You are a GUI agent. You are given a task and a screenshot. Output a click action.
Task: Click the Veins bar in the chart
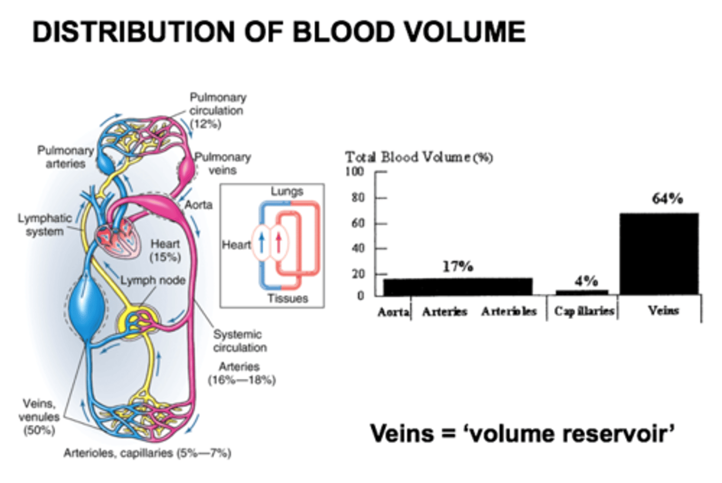659,254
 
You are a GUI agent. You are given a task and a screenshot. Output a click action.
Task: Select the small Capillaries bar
582,292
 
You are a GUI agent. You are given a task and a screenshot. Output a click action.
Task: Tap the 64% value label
667,199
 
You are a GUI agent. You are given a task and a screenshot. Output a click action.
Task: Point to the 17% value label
457,267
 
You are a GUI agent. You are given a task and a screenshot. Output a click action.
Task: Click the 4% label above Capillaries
586,281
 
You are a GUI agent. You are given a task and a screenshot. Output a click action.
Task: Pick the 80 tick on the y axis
358,197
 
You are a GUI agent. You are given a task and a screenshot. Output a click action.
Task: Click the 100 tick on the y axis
354,171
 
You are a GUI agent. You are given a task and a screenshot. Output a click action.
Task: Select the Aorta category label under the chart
393,312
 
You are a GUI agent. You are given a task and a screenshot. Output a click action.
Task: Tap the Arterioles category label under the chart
508,312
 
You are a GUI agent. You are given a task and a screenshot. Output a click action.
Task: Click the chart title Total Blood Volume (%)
419,157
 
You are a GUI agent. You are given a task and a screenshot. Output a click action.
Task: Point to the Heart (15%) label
165,251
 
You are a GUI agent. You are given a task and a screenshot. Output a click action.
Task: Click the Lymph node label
152,280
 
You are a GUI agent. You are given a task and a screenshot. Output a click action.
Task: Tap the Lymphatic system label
45,225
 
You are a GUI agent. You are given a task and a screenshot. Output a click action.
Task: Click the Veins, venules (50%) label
39,417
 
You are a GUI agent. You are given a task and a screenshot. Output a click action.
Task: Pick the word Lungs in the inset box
287,191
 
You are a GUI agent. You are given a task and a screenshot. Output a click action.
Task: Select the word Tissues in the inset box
287,299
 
